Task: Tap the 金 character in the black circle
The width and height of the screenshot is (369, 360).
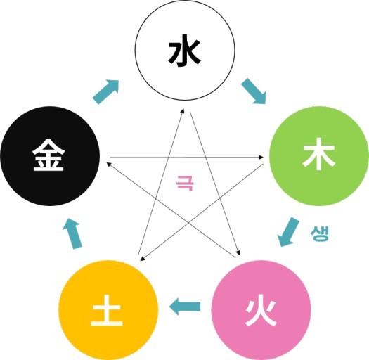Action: point(48,155)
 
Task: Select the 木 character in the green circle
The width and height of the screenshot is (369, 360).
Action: point(319,154)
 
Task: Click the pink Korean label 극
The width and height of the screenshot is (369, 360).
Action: point(185,183)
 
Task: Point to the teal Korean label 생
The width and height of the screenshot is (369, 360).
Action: point(319,233)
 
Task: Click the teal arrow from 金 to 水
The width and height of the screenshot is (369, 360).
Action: point(105,92)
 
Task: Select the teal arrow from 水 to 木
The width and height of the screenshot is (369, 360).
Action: point(254,91)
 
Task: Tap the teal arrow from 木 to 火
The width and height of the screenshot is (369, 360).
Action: point(288,232)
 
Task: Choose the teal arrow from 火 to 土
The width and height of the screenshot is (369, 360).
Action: point(185,306)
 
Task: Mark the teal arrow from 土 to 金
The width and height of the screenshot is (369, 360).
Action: point(72,234)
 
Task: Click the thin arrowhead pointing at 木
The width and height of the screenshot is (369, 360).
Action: point(261,157)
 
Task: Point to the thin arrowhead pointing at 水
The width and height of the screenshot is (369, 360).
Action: point(182,110)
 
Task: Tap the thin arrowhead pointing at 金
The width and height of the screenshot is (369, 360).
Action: point(109,164)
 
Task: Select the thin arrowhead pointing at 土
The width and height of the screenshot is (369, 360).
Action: point(142,259)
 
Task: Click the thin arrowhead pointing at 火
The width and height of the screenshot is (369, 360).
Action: point(238,252)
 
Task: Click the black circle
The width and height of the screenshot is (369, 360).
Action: point(50,156)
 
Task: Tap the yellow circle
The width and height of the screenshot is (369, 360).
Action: point(108,310)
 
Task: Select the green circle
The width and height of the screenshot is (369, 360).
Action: point(319,156)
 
